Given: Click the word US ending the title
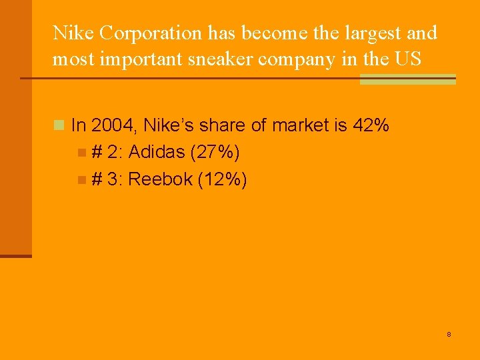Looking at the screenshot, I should point(407,59).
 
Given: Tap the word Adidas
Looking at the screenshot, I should point(157,153).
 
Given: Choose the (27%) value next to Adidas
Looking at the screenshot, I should point(215,153).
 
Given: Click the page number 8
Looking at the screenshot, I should point(449,334).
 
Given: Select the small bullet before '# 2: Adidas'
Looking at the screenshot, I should point(81,153).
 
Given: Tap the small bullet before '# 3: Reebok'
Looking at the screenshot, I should point(81,180).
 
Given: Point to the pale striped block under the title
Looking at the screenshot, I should point(407,79).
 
